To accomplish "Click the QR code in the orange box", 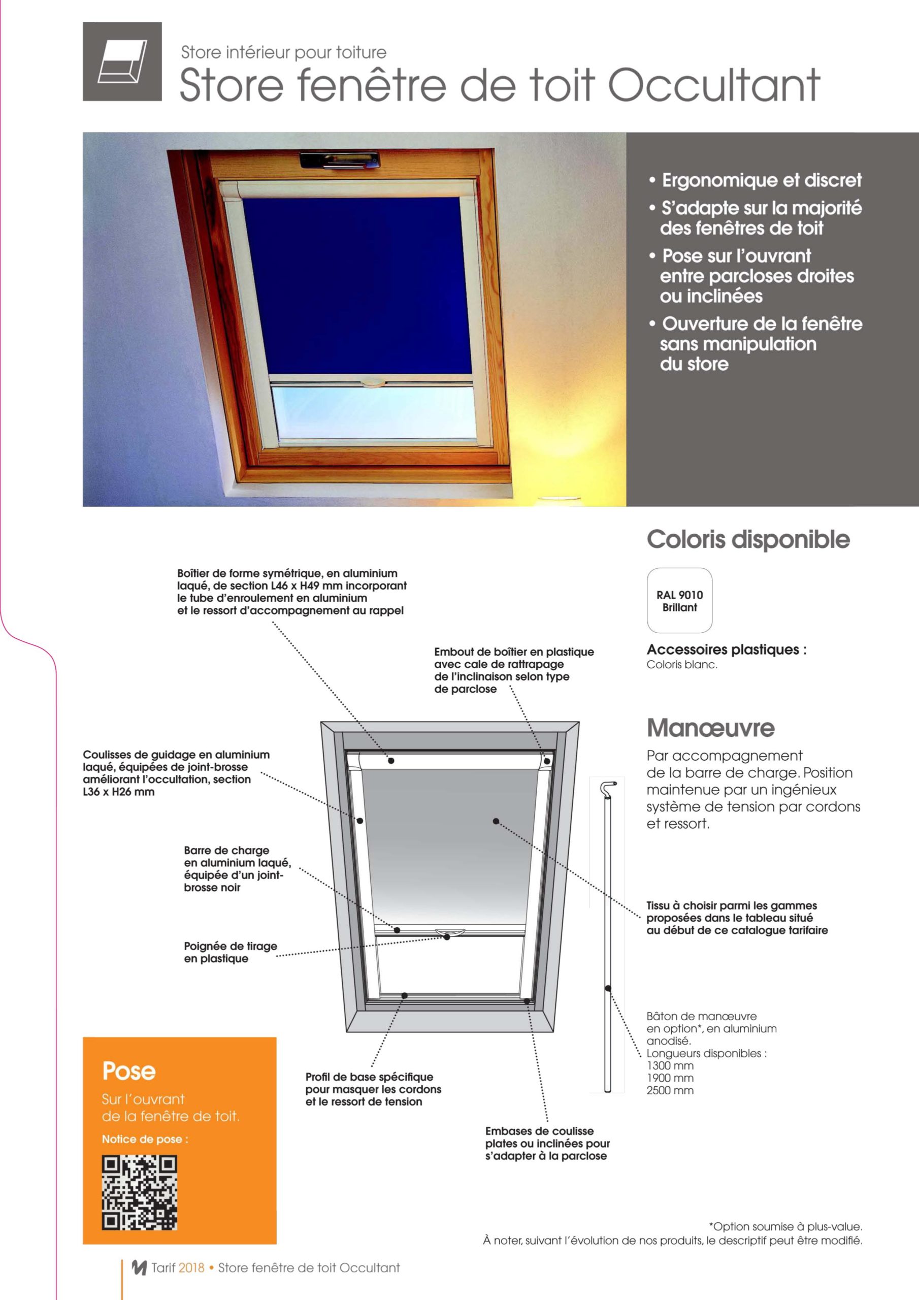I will [139, 1193].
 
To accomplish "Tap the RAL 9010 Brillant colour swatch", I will [679, 600].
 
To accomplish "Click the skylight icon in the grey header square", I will [122, 62].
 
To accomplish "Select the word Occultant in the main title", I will [714, 85].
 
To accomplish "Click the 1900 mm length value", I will [670, 1078].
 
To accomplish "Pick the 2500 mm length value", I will [670, 1090].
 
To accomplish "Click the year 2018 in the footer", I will [191, 1267].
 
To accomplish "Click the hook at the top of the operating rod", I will [609, 787].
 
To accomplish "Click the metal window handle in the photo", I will [339, 161].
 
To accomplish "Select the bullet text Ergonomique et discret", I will [762, 180].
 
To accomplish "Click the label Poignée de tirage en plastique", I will [230, 952].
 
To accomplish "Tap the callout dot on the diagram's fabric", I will [496, 821].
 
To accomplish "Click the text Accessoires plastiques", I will [727, 649].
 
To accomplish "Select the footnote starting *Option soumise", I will [785, 1227].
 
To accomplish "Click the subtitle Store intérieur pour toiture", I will [284, 53].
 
